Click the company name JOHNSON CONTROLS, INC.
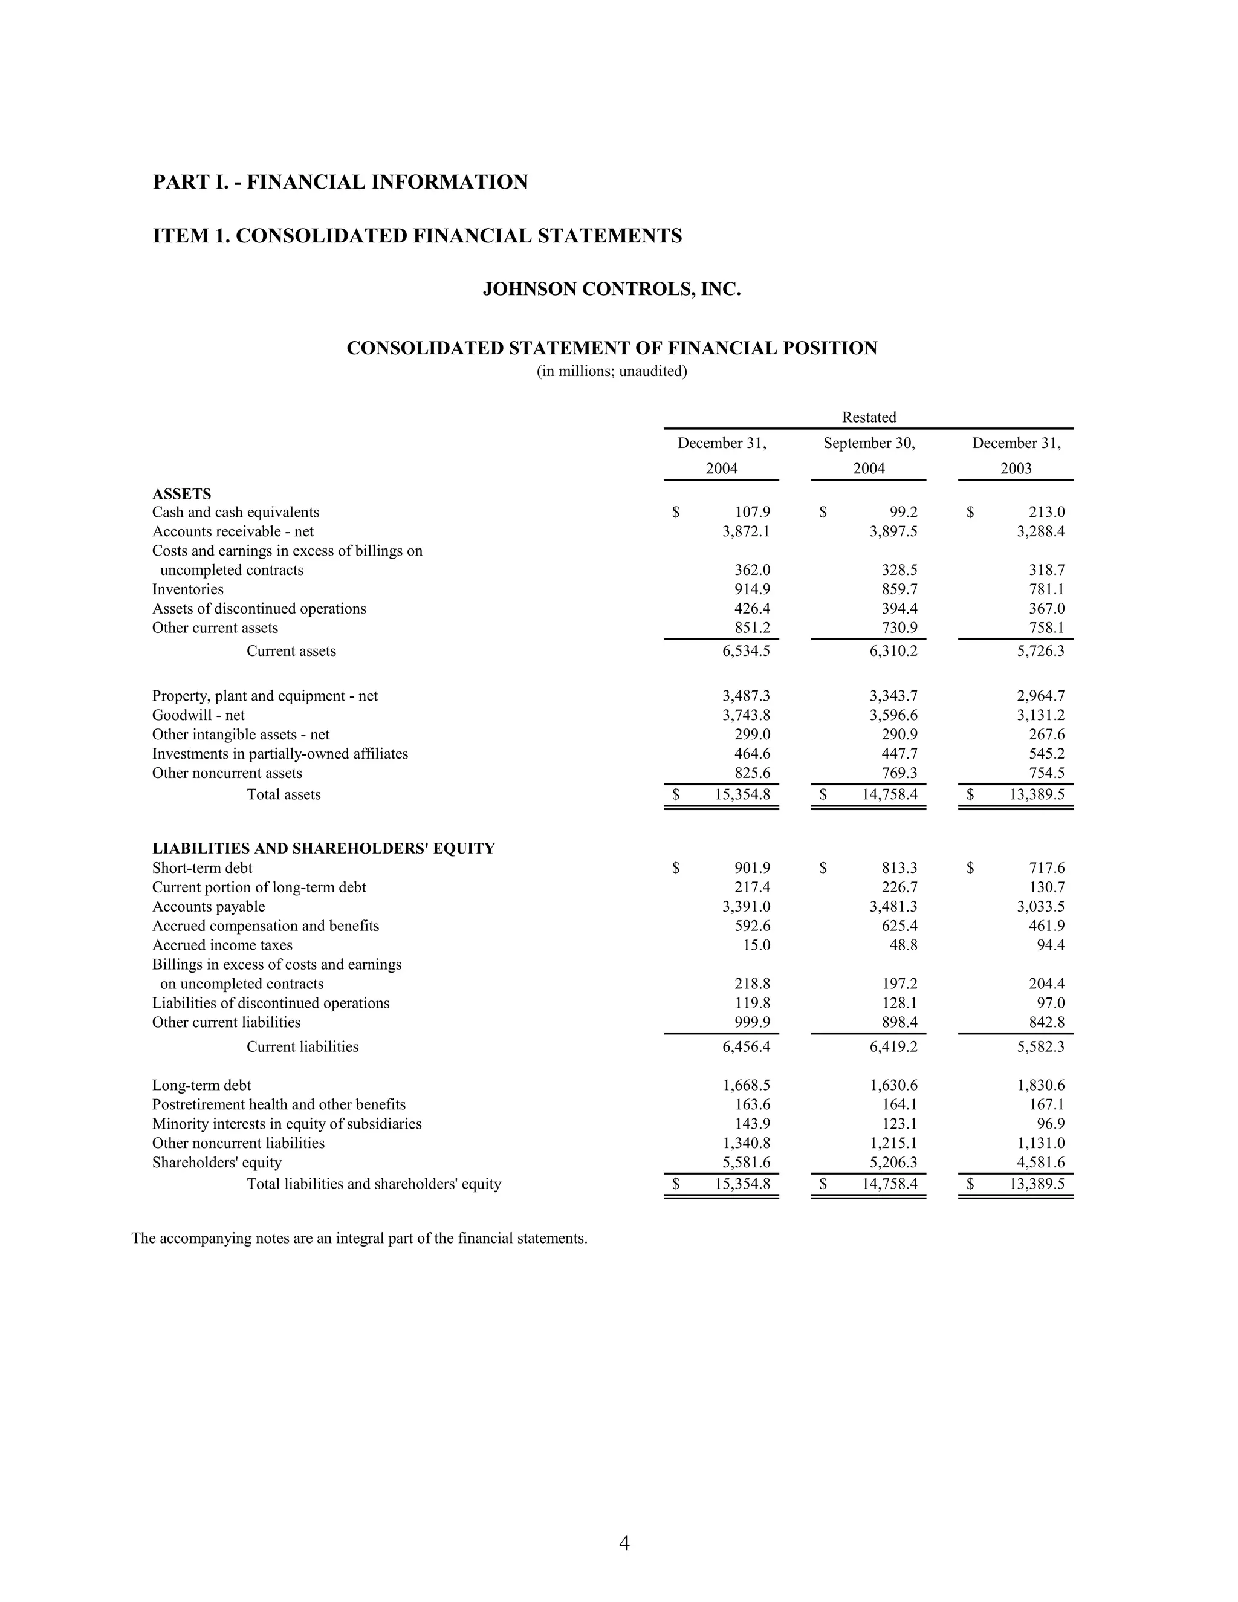(612, 290)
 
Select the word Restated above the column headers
(869, 417)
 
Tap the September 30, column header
(869, 443)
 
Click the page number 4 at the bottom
(624, 1543)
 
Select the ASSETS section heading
(182, 494)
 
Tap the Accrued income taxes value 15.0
(756, 945)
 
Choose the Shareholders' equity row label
(217, 1163)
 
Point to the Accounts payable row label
(209, 907)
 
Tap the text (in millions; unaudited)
(612, 371)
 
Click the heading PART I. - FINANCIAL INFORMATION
(340, 182)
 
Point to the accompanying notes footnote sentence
(360, 1239)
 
